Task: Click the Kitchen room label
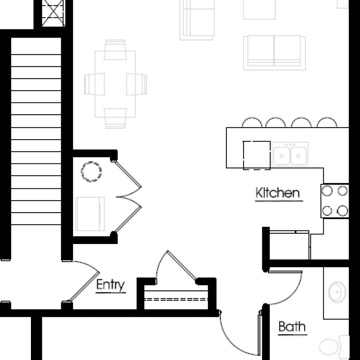[x=278, y=193]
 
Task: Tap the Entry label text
[x=110, y=285]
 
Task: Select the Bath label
[x=292, y=327]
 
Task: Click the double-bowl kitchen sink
[x=290, y=154]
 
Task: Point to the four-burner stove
[x=335, y=201]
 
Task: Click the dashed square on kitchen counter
[x=257, y=155]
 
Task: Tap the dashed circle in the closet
[x=91, y=172]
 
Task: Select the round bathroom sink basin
[x=337, y=292]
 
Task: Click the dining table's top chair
[x=115, y=50]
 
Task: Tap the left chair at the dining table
[x=94, y=84]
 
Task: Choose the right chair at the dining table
[x=137, y=84]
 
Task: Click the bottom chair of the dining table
[x=115, y=118]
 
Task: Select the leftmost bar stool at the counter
[x=252, y=122]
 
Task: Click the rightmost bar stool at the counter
[x=327, y=122]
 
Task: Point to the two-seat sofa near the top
[x=274, y=53]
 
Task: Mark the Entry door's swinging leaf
[x=84, y=287]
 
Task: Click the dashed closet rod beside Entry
[x=176, y=300]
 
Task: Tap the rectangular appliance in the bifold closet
[x=90, y=214]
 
